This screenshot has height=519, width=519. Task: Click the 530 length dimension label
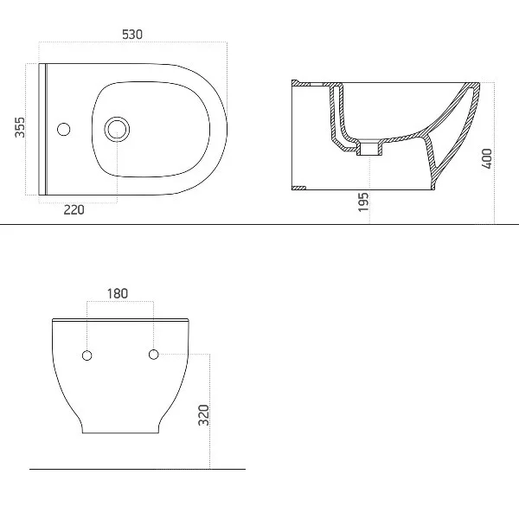(132, 35)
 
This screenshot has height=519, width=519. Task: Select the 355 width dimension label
(20, 127)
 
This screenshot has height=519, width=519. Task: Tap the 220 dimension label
(74, 210)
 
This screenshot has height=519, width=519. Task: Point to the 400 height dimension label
(487, 158)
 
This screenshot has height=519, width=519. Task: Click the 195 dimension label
(363, 202)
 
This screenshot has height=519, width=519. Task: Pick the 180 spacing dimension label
(117, 293)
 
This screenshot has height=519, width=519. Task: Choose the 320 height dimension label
(203, 415)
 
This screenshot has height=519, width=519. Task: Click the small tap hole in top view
(63, 129)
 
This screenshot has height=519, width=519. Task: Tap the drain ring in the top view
(117, 129)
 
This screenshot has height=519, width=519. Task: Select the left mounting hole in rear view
(86, 356)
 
